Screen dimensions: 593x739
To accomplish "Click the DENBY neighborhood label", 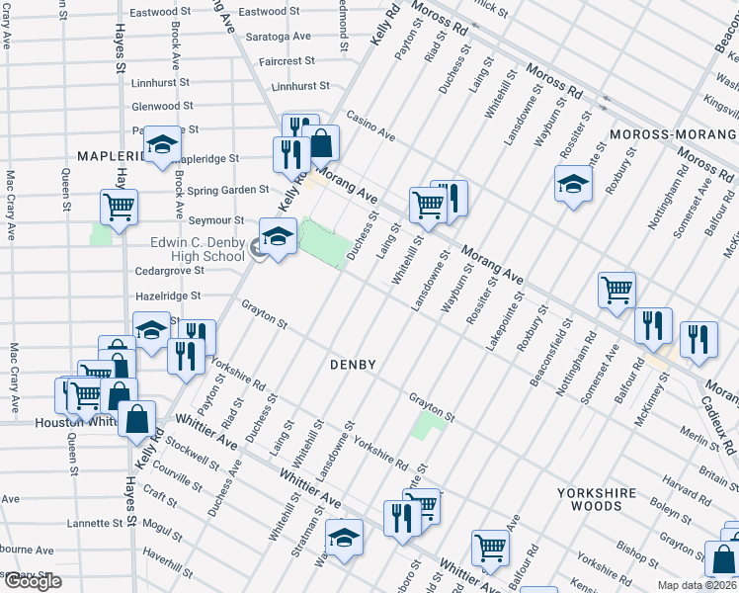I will click(352, 365).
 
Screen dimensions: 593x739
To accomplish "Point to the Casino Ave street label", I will click(369, 127).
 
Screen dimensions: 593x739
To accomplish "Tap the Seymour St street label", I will click(217, 220).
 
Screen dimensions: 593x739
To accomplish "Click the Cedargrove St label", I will click(171, 270).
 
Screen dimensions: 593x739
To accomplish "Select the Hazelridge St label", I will click(167, 296).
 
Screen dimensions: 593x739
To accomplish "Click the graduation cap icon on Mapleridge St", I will click(162, 144).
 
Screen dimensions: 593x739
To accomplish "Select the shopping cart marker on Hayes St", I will click(119, 208).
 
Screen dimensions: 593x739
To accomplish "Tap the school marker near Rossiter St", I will click(573, 184).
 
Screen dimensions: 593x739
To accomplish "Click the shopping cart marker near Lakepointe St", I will click(616, 290).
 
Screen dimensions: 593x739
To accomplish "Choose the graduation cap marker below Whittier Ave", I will click(345, 538).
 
